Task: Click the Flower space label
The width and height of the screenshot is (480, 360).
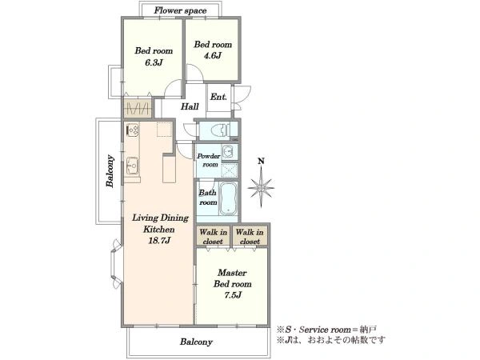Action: pyautogui.click(x=180, y=10)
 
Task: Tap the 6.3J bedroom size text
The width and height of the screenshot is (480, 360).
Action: pyautogui.click(x=154, y=62)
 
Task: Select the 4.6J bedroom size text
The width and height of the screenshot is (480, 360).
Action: pyautogui.click(x=213, y=56)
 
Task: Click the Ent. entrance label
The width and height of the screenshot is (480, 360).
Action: pyautogui.click(x=218, y=97)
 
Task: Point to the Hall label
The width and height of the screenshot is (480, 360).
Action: pyautogui.click(x=190, y=106)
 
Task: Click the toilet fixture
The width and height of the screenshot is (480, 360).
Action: pyautogui.click(x=220, y=130)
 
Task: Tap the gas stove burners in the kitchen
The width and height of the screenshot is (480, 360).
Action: pyautogui.click(x=133, y=130)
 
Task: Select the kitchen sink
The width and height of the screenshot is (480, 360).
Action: pyautogui.click(x=133, y=166)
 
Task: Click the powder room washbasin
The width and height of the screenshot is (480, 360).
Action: pyautogui.click(x=228, y=151)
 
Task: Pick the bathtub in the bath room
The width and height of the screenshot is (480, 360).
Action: pyautogui.click(x=228, y=199)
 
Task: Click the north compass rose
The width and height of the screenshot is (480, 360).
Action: pyautogui.click(x=261, y=187)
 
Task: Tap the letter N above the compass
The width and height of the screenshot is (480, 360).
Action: pyautogui.click(x=261, y=161)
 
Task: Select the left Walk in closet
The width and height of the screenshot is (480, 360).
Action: pyautogui.click(x=213, y=236)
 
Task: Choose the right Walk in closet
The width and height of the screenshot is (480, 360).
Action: pyautogui.click(x=250, y=236)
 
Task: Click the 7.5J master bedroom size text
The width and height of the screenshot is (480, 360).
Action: pyautogui.click(x=233, y=295)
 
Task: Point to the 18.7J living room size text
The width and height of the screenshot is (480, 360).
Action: pyautogui.click(x=159, y=241)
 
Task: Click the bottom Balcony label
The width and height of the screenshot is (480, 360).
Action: pyautogui.click(x=196, y=342)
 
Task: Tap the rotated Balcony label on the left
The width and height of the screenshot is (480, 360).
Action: pyautogui.click(x=110, y=171)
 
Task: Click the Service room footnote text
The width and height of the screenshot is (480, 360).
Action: pyautogui.click(x=326, y=330)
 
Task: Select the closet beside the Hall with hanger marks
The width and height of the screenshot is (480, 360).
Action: pyautogui.click(x=138, y=108)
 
